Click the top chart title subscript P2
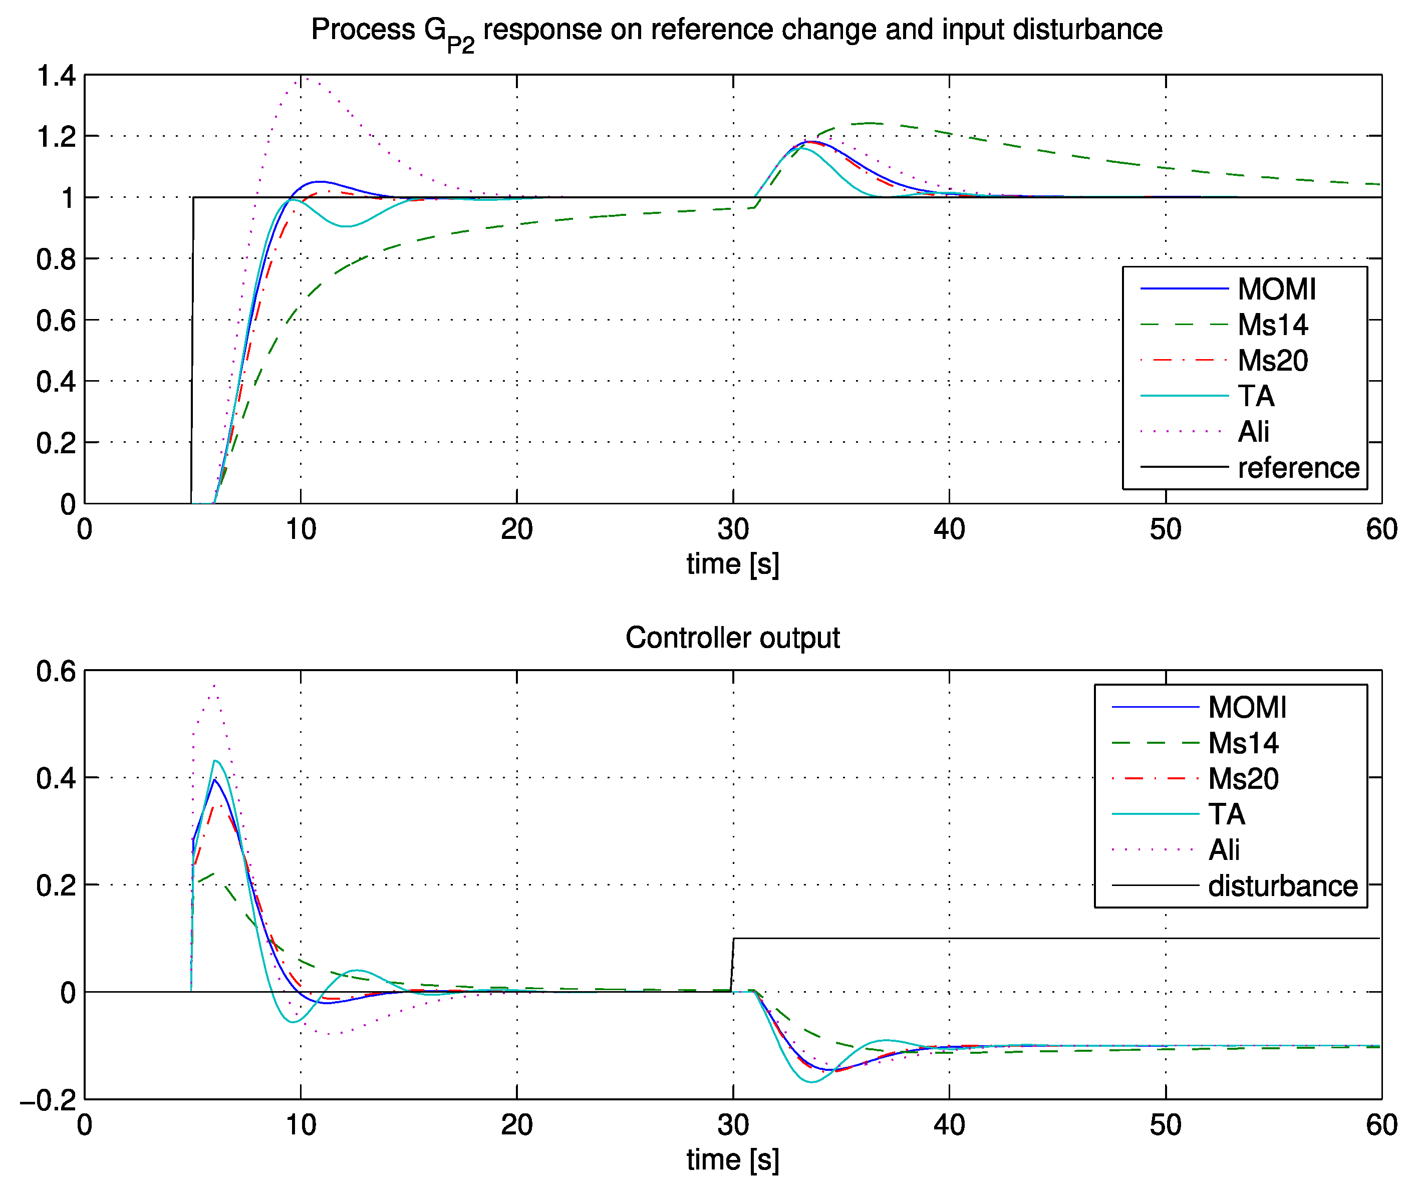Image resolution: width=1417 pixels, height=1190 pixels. pos(460,45)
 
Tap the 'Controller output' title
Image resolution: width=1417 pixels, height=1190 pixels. pos(732,638)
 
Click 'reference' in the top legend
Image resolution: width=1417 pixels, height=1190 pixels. pos(1298,467)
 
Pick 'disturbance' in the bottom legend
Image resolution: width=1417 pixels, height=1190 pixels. pos(1282,886)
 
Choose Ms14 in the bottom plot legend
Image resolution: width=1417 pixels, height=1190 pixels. pos(1243,743)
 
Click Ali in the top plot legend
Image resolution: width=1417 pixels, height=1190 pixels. pos(1253,432)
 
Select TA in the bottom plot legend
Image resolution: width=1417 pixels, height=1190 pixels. pos(1226,814)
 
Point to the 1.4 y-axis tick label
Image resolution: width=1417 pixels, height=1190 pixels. pos(56,76)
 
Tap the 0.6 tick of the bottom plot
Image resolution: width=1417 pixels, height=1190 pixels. pos(56,671)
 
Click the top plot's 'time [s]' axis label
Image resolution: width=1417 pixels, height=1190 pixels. pos(732,563)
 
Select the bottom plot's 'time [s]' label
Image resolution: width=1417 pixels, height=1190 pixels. pos(732,1159)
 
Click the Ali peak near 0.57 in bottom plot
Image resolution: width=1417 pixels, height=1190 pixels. pos(214,686)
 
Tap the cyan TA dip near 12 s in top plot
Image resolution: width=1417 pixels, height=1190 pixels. pos(346,226)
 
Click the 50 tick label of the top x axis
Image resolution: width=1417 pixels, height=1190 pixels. pos(1166,529)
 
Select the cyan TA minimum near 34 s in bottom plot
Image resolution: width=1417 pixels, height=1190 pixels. pos(812,1082)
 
